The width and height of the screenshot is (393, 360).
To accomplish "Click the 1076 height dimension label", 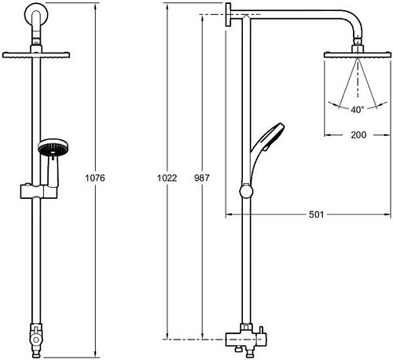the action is point(95,178).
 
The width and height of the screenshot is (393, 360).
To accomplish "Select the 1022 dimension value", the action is point(167,178).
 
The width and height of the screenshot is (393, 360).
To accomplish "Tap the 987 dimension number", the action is point(202,178).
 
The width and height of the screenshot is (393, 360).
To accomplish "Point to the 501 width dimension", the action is point(316,215).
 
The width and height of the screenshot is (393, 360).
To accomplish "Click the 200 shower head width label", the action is point(358,135).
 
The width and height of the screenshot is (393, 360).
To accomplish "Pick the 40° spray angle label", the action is point(358,110).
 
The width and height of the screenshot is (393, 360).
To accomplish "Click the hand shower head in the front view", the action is point(53,147).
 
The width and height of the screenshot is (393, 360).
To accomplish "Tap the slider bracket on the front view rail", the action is point(39,191).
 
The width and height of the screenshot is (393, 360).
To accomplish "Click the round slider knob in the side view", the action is point(246,191).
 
